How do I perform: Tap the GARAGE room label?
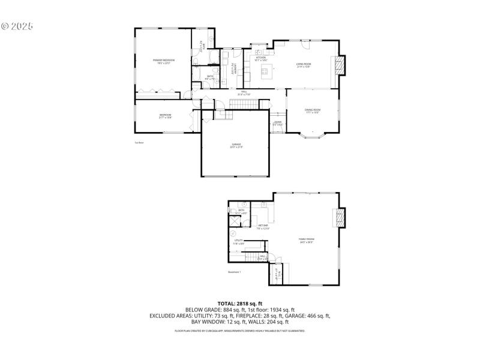236,145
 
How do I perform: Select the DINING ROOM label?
313,110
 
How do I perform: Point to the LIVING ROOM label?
303,64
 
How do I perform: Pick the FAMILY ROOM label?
307,239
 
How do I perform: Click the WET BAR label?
263,226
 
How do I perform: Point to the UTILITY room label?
238,241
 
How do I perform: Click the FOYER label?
278,122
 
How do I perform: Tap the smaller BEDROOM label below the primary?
165,115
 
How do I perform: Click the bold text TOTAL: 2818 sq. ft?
240,304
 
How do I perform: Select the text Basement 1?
234,272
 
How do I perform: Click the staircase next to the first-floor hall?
244,105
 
